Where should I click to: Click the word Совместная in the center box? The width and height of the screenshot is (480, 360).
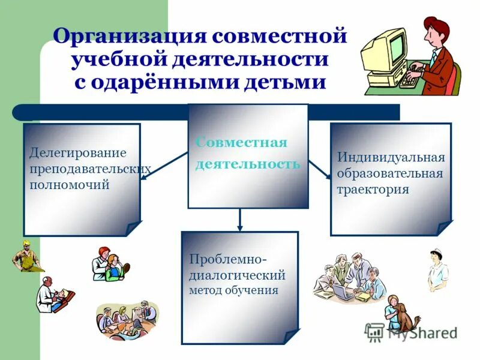(241, 143)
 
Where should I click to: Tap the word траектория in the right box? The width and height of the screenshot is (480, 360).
(373, 190)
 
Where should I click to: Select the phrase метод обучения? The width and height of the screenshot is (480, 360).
(234, 291)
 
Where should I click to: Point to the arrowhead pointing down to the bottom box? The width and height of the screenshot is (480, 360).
(240, 227)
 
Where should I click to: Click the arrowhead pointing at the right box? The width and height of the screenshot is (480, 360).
(328, 176)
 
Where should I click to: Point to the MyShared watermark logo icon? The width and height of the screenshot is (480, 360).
(375, 332)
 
